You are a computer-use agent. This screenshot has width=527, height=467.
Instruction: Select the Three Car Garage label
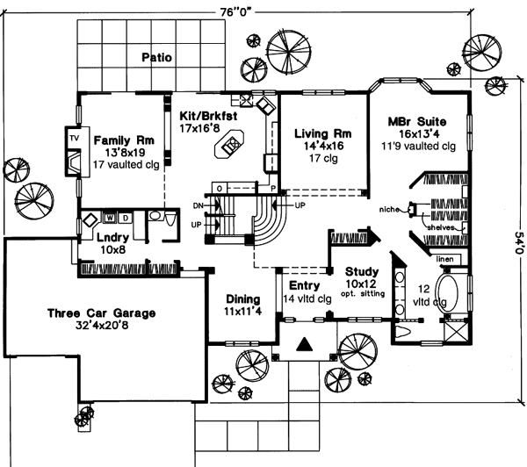click(102, 313)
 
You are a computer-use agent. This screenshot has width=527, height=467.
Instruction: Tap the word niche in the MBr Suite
click(392, 210)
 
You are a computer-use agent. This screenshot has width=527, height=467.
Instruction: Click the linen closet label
click(444, 260)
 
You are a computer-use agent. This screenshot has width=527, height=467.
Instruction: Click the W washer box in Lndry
click(111, 216)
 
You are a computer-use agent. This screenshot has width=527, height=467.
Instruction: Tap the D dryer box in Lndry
click(125, 216)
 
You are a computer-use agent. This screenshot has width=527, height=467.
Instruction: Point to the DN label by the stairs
click(199, 205)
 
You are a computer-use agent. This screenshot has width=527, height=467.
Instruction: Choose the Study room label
click(361, 273)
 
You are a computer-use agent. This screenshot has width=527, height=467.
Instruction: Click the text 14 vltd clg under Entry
click(304, 298)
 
